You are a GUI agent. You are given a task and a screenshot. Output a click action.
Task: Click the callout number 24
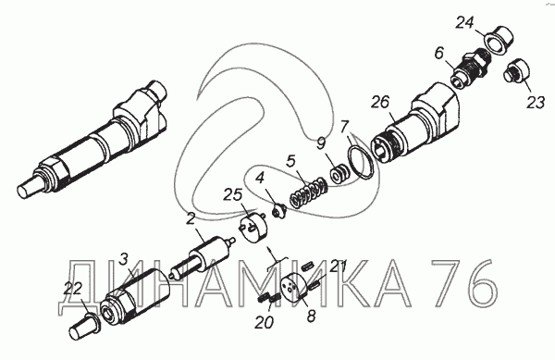464,22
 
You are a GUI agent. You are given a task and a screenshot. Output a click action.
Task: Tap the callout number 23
536,103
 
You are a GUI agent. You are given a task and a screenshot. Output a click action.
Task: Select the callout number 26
380,102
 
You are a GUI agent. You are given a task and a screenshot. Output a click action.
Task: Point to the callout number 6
438,54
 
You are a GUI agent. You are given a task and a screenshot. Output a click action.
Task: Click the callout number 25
232,195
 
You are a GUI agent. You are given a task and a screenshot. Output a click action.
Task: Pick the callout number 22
72,289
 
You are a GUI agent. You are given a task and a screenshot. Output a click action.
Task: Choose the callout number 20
264,322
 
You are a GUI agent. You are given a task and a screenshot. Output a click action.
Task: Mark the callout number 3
123,259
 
